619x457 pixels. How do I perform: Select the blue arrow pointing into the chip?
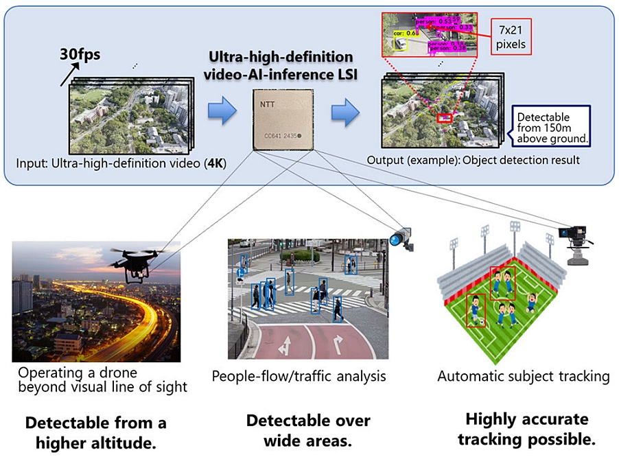(x=222, y=111)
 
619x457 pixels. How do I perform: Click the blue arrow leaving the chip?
(x=347, y=111)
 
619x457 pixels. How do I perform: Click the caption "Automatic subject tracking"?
(x=524, y=376)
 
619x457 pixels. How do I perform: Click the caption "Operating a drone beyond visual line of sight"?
(x=97, y=380)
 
